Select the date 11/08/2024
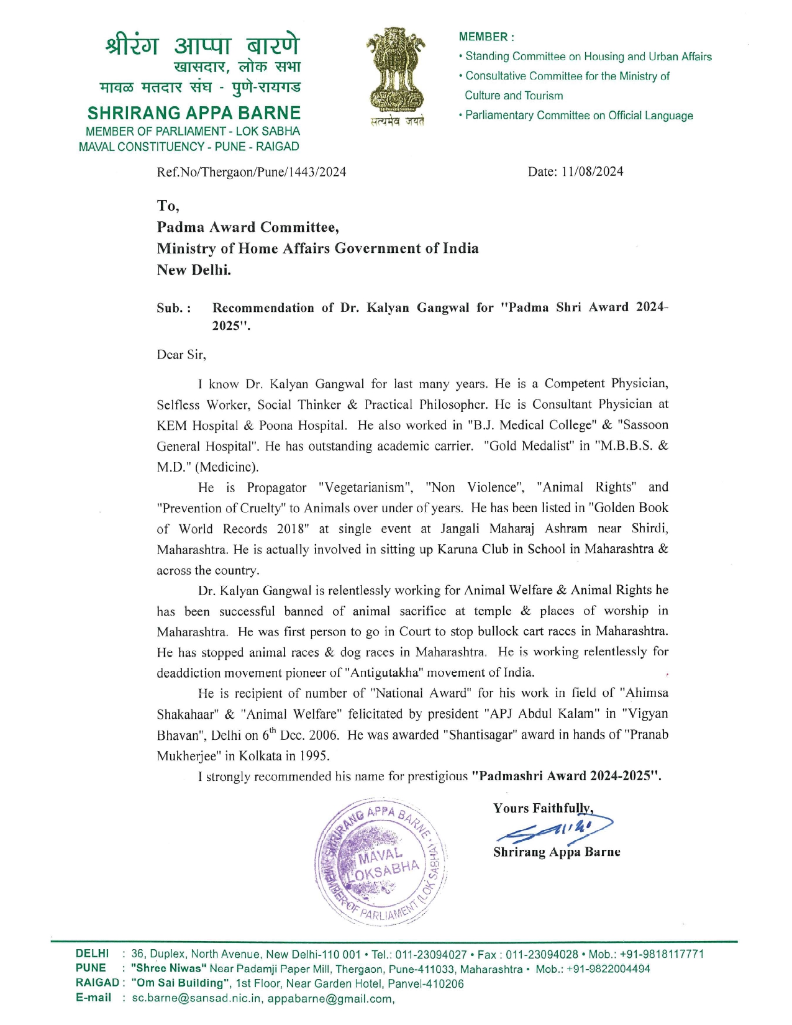[x=592, y=172]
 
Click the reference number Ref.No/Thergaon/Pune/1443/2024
[x=252, y=172]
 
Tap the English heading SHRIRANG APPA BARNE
[x=194, y=113]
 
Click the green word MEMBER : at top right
[x=486, y=37]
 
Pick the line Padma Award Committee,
[x=248, y=227]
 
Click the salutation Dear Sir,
[x=181, y=355]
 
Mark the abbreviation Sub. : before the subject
[x=174, y=308]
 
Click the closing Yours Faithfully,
[x=543, y=808]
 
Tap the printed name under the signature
[x=557, y=852]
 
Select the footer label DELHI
[x=92, y=954]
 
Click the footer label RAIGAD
[x=97, y=983]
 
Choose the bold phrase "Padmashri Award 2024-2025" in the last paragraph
[x=566, y=776]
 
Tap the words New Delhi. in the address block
[x=194, y=270]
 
